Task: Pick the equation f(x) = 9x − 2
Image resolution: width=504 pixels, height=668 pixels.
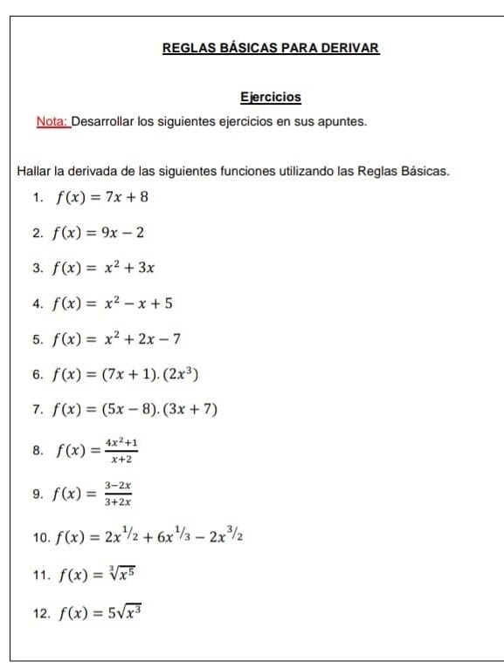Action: coord(99,233)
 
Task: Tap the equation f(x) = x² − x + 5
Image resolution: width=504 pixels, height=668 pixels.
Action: coord(114,303)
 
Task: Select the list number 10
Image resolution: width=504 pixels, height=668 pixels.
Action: coord(40,538)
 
